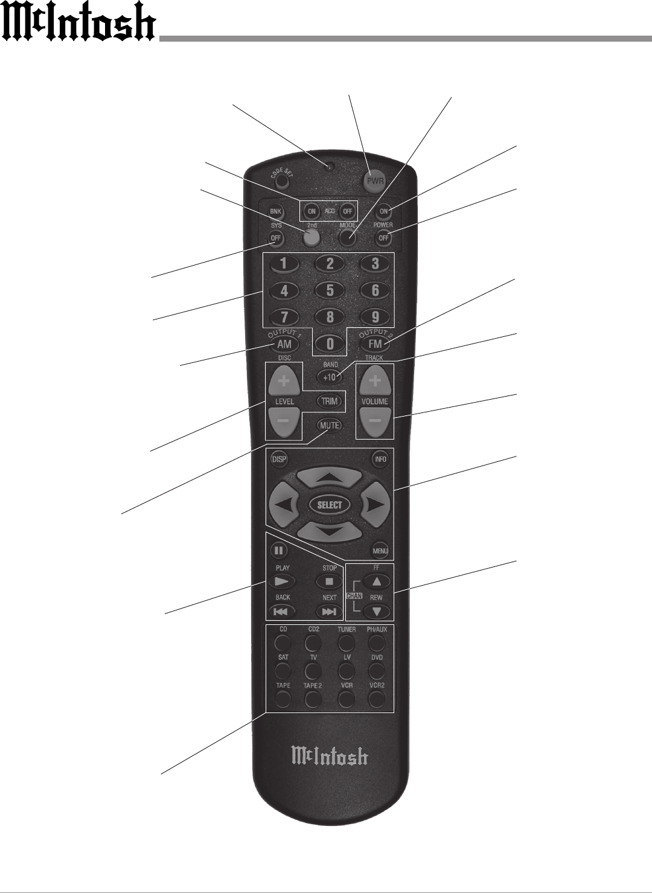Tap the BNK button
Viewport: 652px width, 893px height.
coord(276,212)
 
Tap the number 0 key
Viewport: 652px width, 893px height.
coord(330,344)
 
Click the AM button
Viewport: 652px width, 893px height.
coord(284,344)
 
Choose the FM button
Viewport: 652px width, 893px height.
coord(375,344)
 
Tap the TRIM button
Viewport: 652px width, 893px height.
coord(330,401)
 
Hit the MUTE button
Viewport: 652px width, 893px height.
coord(330,425)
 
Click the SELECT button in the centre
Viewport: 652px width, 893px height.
coord(330,505)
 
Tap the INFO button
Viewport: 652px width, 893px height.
coord(380,459)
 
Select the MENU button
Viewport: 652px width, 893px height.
coord(380,551)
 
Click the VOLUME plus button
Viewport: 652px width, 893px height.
coord(375,381)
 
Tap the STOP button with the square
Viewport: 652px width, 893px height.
coord(330,581)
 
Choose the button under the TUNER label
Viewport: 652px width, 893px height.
coord(347,642)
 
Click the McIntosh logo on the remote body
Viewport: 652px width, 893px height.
coord(330,756)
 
